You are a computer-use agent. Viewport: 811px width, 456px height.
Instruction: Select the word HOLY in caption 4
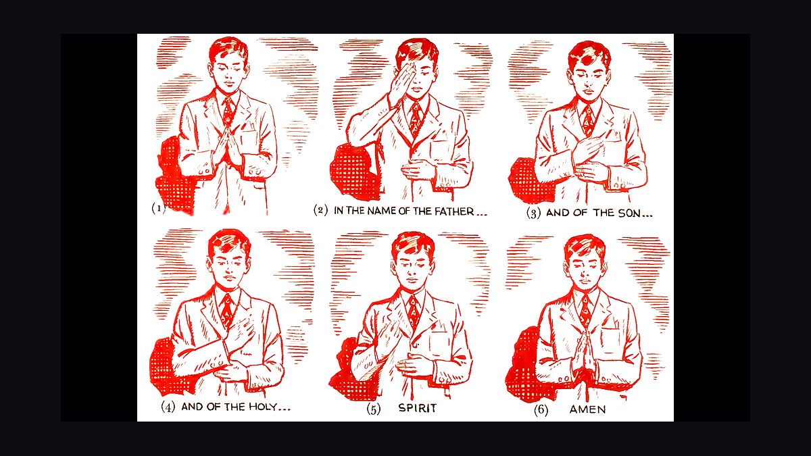pos(263,407)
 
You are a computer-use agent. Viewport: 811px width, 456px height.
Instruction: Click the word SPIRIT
pos(418,408)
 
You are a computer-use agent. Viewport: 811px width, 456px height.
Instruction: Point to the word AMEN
pos(587,409)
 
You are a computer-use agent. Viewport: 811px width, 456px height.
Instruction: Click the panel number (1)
pos(158,208)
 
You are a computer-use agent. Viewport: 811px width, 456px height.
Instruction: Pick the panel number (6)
pos(541,410)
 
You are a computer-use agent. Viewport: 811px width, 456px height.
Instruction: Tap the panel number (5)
pos(374,409)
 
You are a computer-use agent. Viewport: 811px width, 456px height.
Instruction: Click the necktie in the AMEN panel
pos(585,311)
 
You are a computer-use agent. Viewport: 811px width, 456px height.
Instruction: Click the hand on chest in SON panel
pos(587,149)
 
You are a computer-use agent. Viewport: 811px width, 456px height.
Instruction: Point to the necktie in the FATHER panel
pos(415,116)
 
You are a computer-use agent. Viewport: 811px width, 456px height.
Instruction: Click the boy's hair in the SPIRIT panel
pos(414,245)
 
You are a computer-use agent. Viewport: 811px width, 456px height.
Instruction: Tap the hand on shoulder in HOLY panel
pos(240,332)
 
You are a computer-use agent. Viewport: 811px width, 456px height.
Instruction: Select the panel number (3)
pos(533,213)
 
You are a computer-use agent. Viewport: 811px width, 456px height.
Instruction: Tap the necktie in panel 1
pos(228,109)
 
